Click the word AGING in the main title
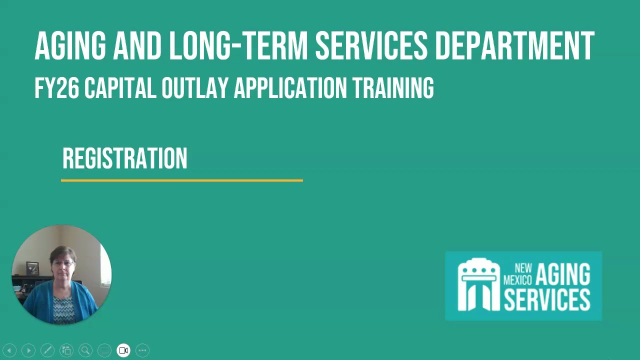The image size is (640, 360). [x=70, y=46]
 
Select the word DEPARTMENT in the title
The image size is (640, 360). [x=514, y=46]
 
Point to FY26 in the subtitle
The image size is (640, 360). [x=56, y=88]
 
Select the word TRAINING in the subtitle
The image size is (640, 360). [x=393, y=88]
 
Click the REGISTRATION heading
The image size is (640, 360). [x=125, y=158]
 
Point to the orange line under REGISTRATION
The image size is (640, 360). [x=181, y=180]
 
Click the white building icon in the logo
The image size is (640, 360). [x=478, y=284]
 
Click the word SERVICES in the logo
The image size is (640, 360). [x=547, y=299]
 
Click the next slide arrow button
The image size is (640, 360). [x=28, y=350]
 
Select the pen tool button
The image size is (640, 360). [x=47, y=350]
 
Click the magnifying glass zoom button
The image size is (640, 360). [x=85, y=350]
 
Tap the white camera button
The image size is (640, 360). [x=123, y=350]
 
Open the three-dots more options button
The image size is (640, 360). [x=142, y=350]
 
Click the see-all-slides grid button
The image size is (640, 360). [x=66, y=350]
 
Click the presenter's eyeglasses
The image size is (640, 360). [x=63, y=263]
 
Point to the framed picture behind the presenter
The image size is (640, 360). [x=32, y=268]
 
